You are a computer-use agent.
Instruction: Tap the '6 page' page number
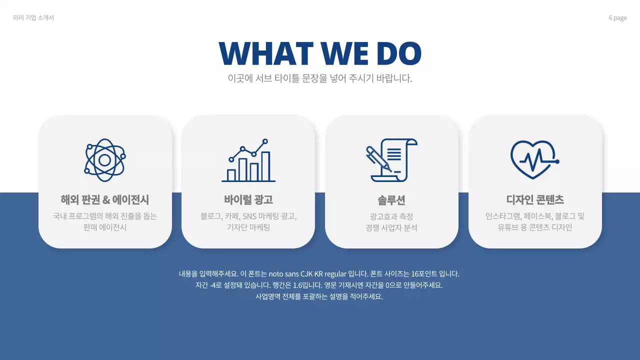(x=617, y=18)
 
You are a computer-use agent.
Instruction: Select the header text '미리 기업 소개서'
(x=33, y=18)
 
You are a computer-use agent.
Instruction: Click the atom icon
(x=105, y=160)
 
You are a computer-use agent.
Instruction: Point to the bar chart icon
(x=248, y=160)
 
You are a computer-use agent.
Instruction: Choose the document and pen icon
(x=391, y=160)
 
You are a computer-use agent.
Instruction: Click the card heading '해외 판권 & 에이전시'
(x=105, y=200)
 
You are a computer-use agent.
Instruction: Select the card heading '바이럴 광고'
(x=248, y=200)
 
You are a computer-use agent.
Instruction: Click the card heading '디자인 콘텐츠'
(x=535, y=200)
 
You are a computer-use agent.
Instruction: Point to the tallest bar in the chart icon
(x=265, y=166)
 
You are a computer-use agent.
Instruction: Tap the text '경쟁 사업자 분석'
(x=391, y=228)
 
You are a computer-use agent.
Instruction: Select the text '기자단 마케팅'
(x=248, y=227)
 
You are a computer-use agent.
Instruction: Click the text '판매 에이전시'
(x=105, y=227)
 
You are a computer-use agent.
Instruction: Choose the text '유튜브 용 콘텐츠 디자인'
(x=535, y=227)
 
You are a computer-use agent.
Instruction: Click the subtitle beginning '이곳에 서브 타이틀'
(x=320, y=78)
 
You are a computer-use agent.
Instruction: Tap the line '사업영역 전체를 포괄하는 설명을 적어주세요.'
(x=319, y=296)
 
